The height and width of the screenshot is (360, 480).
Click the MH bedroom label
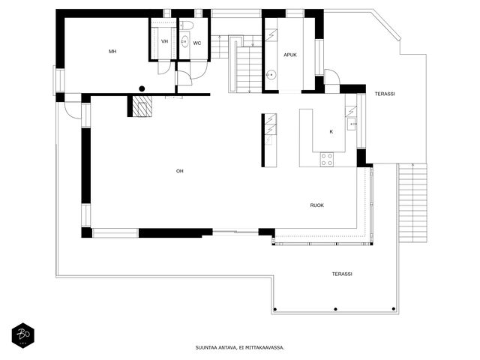click(112, 52)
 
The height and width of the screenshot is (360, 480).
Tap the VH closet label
click(164, 41)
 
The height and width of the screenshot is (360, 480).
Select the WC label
click(197, 43)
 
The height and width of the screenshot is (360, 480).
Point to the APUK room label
click(290, 55)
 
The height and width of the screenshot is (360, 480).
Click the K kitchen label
click(331, 132)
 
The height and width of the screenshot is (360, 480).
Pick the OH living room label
click(180, 171)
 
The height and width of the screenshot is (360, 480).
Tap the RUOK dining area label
click(316, 205)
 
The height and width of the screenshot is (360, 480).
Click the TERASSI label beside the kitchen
click(385, 94)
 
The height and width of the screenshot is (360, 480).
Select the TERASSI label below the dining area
click(342, 274)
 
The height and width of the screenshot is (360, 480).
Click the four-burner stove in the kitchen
click(327, 160)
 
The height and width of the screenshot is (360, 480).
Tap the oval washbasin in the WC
click(184, 41)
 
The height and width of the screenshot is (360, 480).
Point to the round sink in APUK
click(271, 74)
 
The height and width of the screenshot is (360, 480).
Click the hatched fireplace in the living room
click(142, 106)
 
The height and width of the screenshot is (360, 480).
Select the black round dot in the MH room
click(142, 88)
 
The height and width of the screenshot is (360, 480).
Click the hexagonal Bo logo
click(23, 335)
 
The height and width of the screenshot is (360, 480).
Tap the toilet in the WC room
click(185, 25)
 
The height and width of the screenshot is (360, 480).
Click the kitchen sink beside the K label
click(351, 124)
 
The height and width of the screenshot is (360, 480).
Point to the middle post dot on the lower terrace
click(335, 309)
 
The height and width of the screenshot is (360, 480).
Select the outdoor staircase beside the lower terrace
click(412, 203)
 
